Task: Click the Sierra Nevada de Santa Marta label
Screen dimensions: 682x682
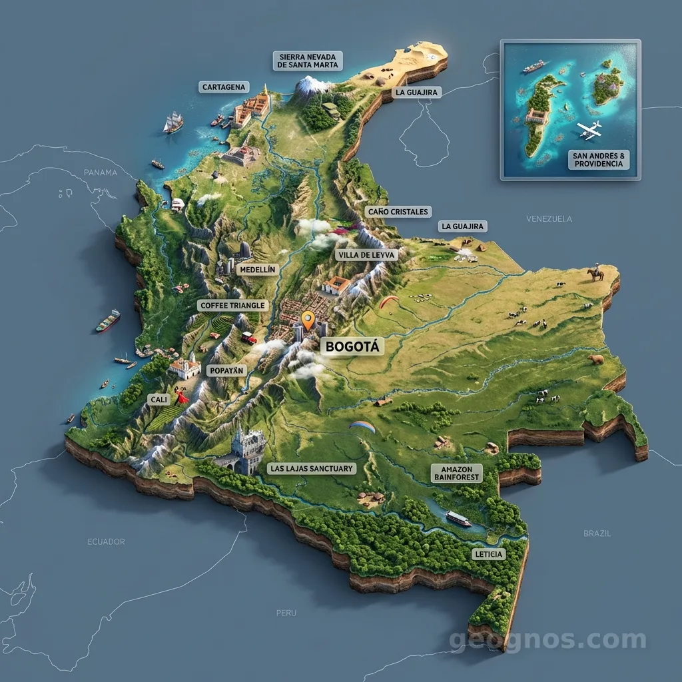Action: pyautogui.click(x=308, y=60)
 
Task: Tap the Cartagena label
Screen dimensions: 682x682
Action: pyautogui.click(x=224, y=87)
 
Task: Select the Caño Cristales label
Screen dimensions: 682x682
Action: pyautogui.click(x=398, y=211)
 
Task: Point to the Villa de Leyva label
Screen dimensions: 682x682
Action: pyautogui.click(x=367, y=254)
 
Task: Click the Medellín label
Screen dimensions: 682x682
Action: pyautogui.click(x=256, y=269)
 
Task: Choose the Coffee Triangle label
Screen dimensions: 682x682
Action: pyautogui.click(x=233, y=305)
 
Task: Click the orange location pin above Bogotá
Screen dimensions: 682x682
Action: pyautogui.click(x=307, y=320)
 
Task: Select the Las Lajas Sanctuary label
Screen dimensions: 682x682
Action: pyautogui.click(x=312, y=469)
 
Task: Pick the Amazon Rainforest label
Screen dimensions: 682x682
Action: pyautogui.click(x=457, y=473)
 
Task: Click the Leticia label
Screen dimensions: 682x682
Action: pyautogui.click(x=488, y=554)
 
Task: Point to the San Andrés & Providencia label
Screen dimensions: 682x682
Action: pyautogui.click(x=598, y=159)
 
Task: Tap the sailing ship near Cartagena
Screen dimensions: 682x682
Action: pyautogui.click(x=173, y=122)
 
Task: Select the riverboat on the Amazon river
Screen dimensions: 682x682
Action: pyautogui.click(x=458, y=518)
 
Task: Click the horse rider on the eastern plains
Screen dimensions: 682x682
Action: pyautogui.click(x=595, y=272)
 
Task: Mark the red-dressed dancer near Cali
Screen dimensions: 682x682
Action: pyautogui.click(x=181, y=396)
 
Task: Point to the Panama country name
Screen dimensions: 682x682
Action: pyautogui.click(x=100, y=172)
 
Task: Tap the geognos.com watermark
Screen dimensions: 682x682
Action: pyautogui.click(x=547, y=640)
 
